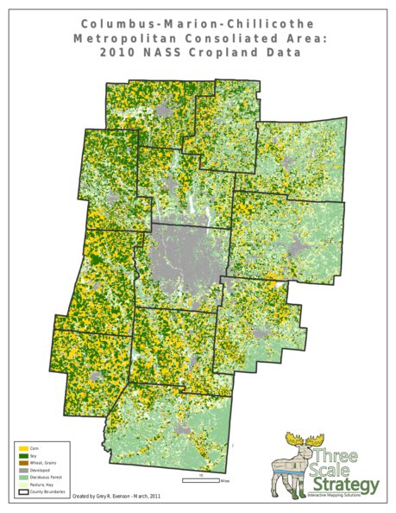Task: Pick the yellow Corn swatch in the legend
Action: click(23, 448)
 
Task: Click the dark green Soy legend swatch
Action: click(23, 456)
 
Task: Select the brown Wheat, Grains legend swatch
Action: click(23, 464)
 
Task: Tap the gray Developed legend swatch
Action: click(23, 471)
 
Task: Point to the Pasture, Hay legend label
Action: click(42, 486)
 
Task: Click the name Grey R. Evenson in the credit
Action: click(112, 497)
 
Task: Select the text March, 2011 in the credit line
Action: click(147, 497)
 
